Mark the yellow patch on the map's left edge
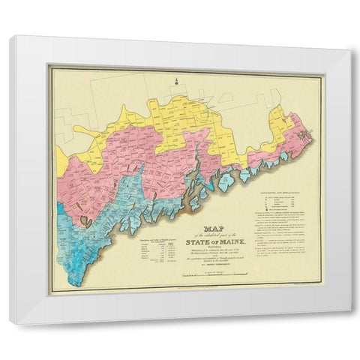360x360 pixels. [60, 159]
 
